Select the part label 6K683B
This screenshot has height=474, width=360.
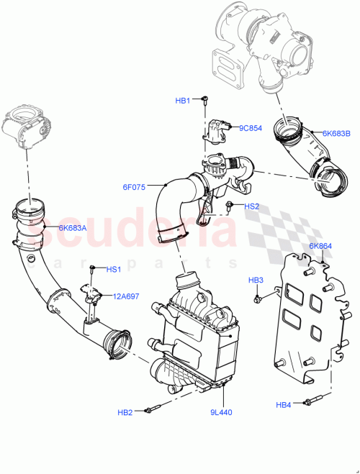pyautogui.click(x=336, y=134)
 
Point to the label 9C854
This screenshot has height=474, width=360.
pyautogui.click(x=251, y=128)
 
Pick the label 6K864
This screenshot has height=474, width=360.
pyautogui.click(x=320, y=246)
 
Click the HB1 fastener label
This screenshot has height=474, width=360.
pyautogui.click(x=184, y=101)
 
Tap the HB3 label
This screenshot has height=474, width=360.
pyautogui.click(x=256, y=279)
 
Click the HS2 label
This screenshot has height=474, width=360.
pyautogui.click(x=251, y=206)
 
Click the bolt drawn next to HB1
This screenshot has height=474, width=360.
pyautogui.click(x=204, y=100)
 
